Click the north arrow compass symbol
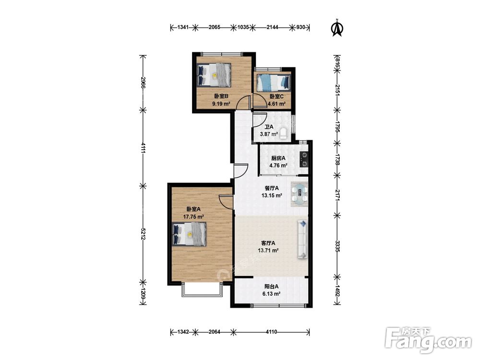coord(337,28)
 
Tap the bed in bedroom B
coord(214,75)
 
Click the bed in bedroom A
coord(189,234)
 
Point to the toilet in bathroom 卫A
coord(284,133)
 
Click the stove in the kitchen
coord(304,159)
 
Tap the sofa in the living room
coord(302,240)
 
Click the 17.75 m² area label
coord(193,217)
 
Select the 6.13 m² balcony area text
coord(271,294)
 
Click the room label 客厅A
coord(268,243)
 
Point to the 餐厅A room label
coord(272,188)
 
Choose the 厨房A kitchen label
coord(278,158)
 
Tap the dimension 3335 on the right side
coord(337,246)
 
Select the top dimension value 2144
coord(273,27)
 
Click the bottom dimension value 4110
coord(271,332)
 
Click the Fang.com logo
coord(429,340)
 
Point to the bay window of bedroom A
coord(202,290)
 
